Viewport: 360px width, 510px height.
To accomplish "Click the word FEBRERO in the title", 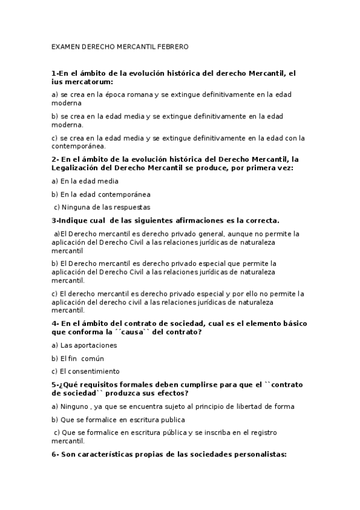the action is (173, 46).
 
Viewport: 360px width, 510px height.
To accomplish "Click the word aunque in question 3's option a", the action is (242, 234).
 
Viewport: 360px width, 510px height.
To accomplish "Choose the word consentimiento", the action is (94, 371).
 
